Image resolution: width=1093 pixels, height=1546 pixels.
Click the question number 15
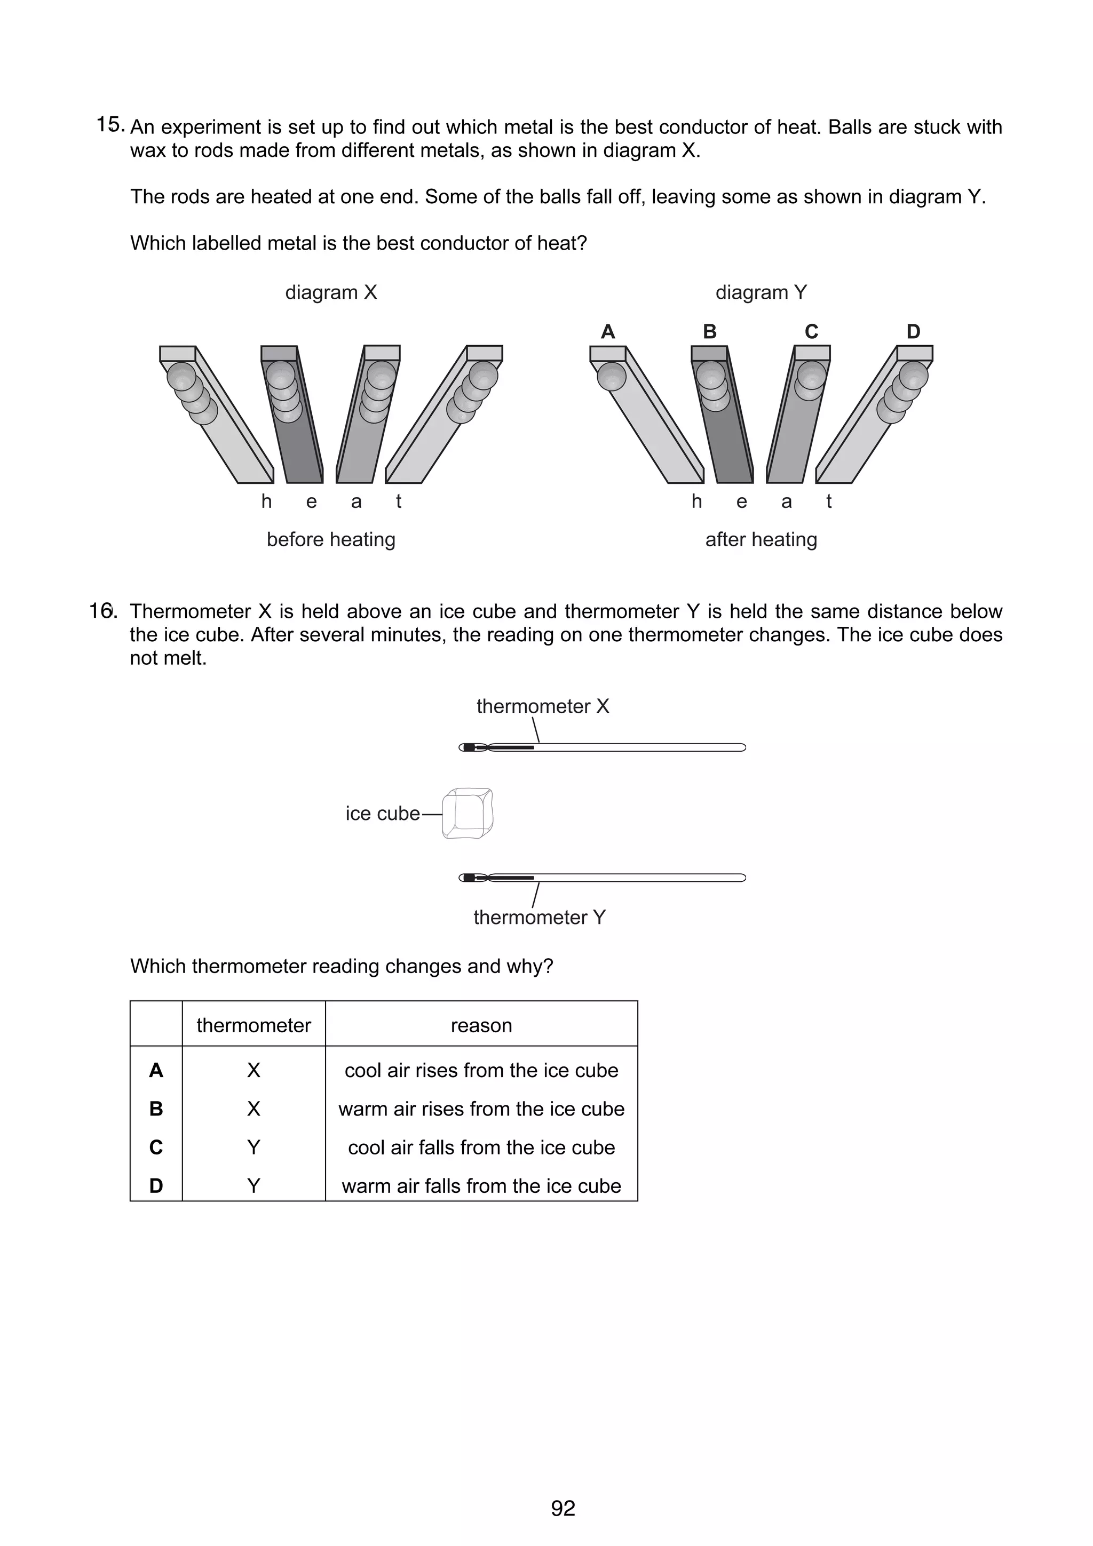click(x=110, y=125)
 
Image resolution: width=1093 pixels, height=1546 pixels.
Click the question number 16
click(x=102, y=611)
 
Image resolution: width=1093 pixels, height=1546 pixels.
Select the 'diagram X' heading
click(x=331, y=292)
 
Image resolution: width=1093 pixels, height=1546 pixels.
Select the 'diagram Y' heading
click(x=761, y=292)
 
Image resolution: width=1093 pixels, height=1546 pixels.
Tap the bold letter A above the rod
click(x=607, y=332)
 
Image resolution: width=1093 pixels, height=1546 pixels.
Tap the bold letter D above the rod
click(x=913, y=332)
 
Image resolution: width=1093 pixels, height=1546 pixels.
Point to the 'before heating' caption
click(x=331, y=539)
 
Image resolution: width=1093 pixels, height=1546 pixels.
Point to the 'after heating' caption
click(x=761, y=539)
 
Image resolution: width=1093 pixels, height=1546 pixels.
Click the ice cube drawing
click(x=468, y=814)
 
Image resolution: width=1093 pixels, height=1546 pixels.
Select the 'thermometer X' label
click(x=542, y=706)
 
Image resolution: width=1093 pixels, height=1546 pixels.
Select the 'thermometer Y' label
click(x=540, y=917)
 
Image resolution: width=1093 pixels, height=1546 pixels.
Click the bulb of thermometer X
click(x=470, y=747)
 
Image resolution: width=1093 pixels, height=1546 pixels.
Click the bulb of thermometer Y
click(x=470, y=878)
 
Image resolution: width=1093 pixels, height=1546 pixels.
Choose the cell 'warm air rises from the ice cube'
click(x=481, y=1109)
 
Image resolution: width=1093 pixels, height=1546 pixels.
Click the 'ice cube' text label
click(x=383, y=814)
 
